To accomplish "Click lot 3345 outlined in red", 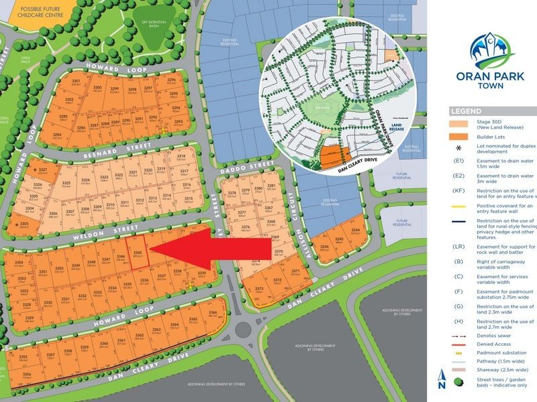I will (x=137, y=255).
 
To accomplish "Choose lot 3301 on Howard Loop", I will (x=76, y=83).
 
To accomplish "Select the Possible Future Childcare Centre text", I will (x=34, y=9).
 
